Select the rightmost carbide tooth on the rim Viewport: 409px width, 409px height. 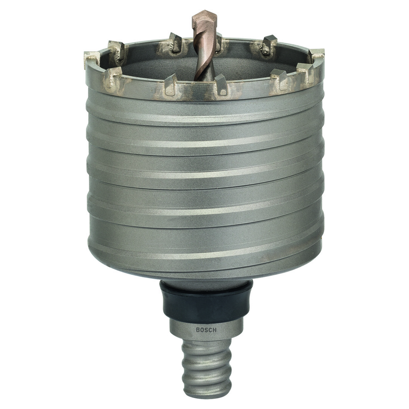tap(316, 54)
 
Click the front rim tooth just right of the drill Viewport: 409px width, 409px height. tap(221, 84)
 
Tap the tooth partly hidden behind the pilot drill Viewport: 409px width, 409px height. tap(218, 41)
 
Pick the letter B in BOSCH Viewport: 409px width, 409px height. tap(198, 330)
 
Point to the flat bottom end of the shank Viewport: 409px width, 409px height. tap(206, 394)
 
